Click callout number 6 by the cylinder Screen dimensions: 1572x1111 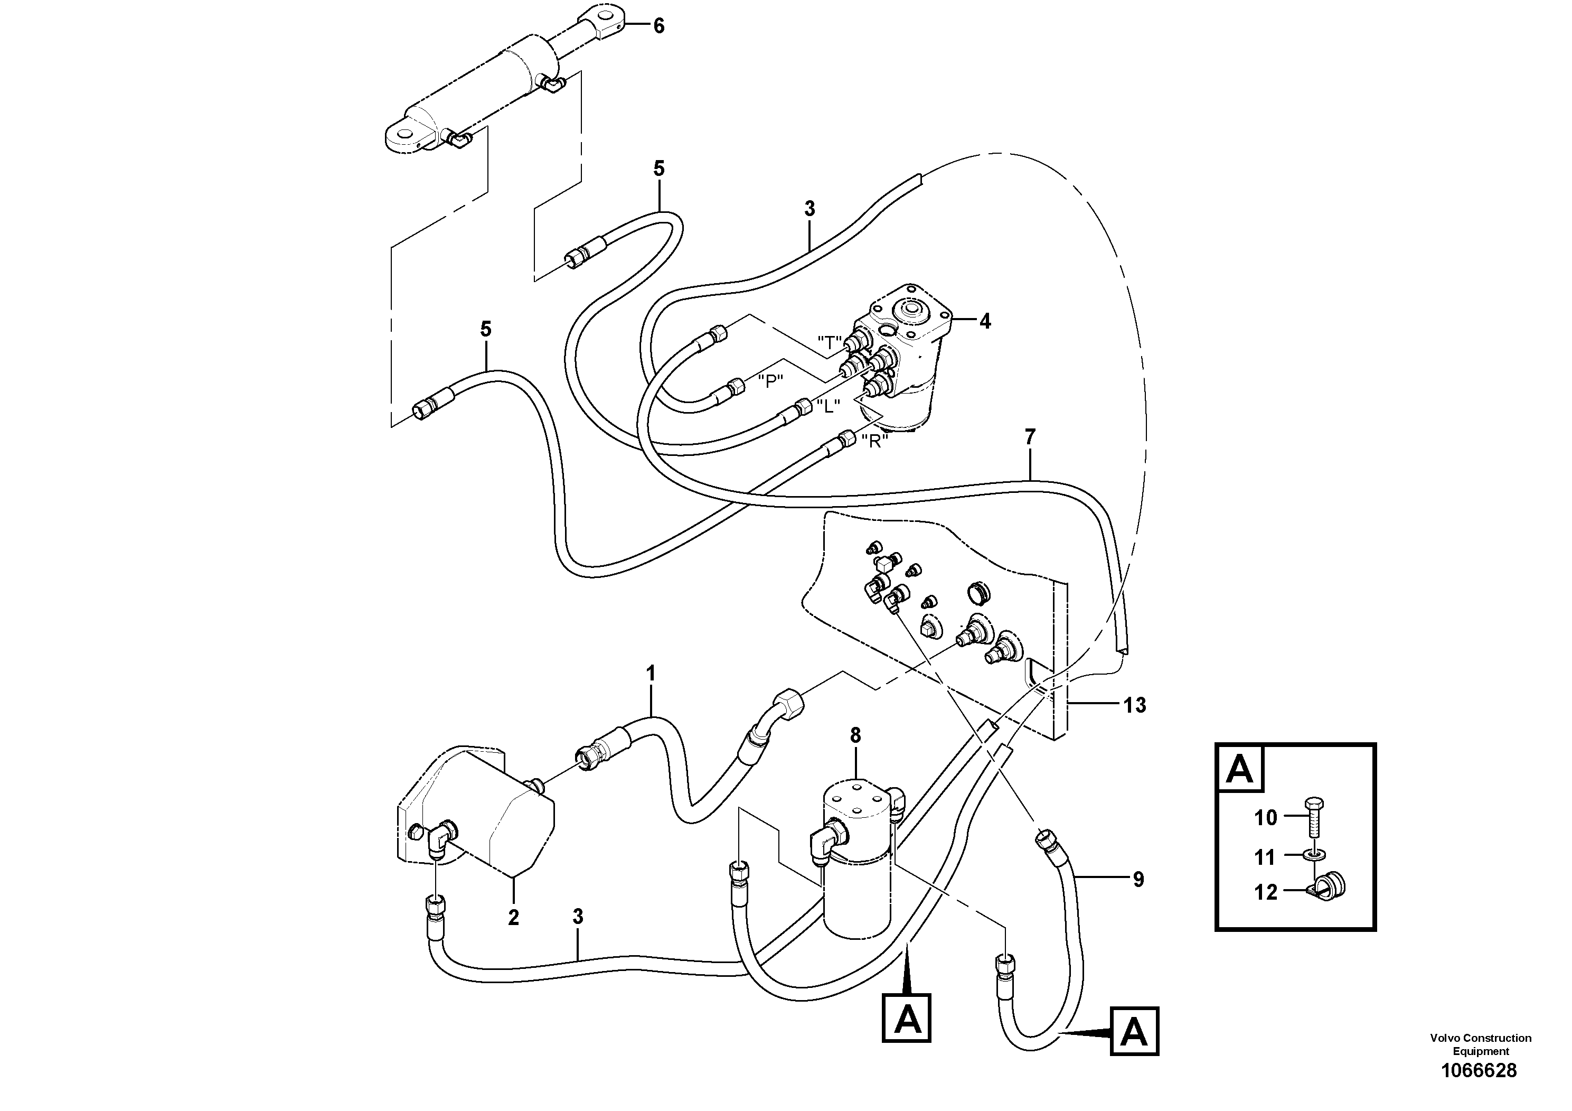coord(658,26)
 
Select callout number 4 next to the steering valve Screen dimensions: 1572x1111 coord(985,321)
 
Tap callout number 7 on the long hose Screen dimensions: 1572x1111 coord(1030,436)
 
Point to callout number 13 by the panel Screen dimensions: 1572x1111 coord(1134,705)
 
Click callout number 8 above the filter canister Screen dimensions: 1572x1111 coord(855,735)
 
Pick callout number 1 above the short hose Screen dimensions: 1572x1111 coord(651,674)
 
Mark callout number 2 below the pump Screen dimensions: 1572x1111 coord(513,918)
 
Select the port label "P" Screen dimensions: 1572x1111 coord(771,381)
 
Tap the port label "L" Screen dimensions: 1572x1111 coord(828,406)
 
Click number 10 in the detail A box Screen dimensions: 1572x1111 coord(1266,818)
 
